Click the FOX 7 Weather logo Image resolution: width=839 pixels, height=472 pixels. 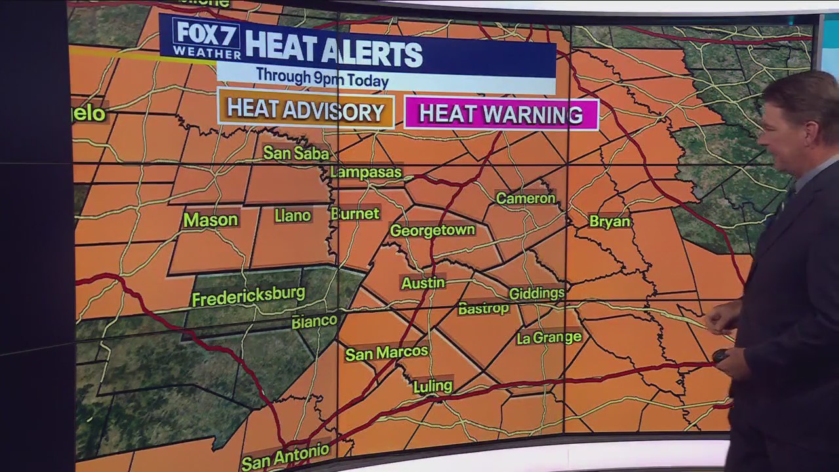click(x=206, y=38)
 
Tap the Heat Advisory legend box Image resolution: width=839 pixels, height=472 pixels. click(x=305, y=111)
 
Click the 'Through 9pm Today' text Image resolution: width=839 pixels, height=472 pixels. click(x=322, y=77)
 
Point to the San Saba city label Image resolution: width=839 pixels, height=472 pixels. click(x=296, y=153)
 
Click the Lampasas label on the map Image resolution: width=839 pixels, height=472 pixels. click(x=366, y=172)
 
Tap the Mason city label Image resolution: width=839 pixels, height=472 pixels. click(x=210, y=220)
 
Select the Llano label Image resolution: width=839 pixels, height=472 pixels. click(x=292, y=216)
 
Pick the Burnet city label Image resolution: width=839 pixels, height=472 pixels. click(x=355, y=214)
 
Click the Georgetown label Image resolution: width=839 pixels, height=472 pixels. click(x=432, y=230)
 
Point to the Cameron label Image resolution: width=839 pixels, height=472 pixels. click(x=526, y=198)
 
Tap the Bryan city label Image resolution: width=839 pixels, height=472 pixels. click(x=610, y=222)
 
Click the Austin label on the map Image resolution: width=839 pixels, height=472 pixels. click(x=423, y=283)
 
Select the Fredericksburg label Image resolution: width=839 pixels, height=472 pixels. click(x=248, y=296)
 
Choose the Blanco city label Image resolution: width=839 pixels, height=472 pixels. click(x=315, y=321)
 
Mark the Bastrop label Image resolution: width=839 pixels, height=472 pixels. click(x=483, y=308)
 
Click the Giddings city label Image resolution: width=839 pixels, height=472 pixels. click(x=536, y=293)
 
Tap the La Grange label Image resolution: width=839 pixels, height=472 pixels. click(x=549, y=338)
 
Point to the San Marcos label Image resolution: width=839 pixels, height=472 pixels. click(x=386, y=353)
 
